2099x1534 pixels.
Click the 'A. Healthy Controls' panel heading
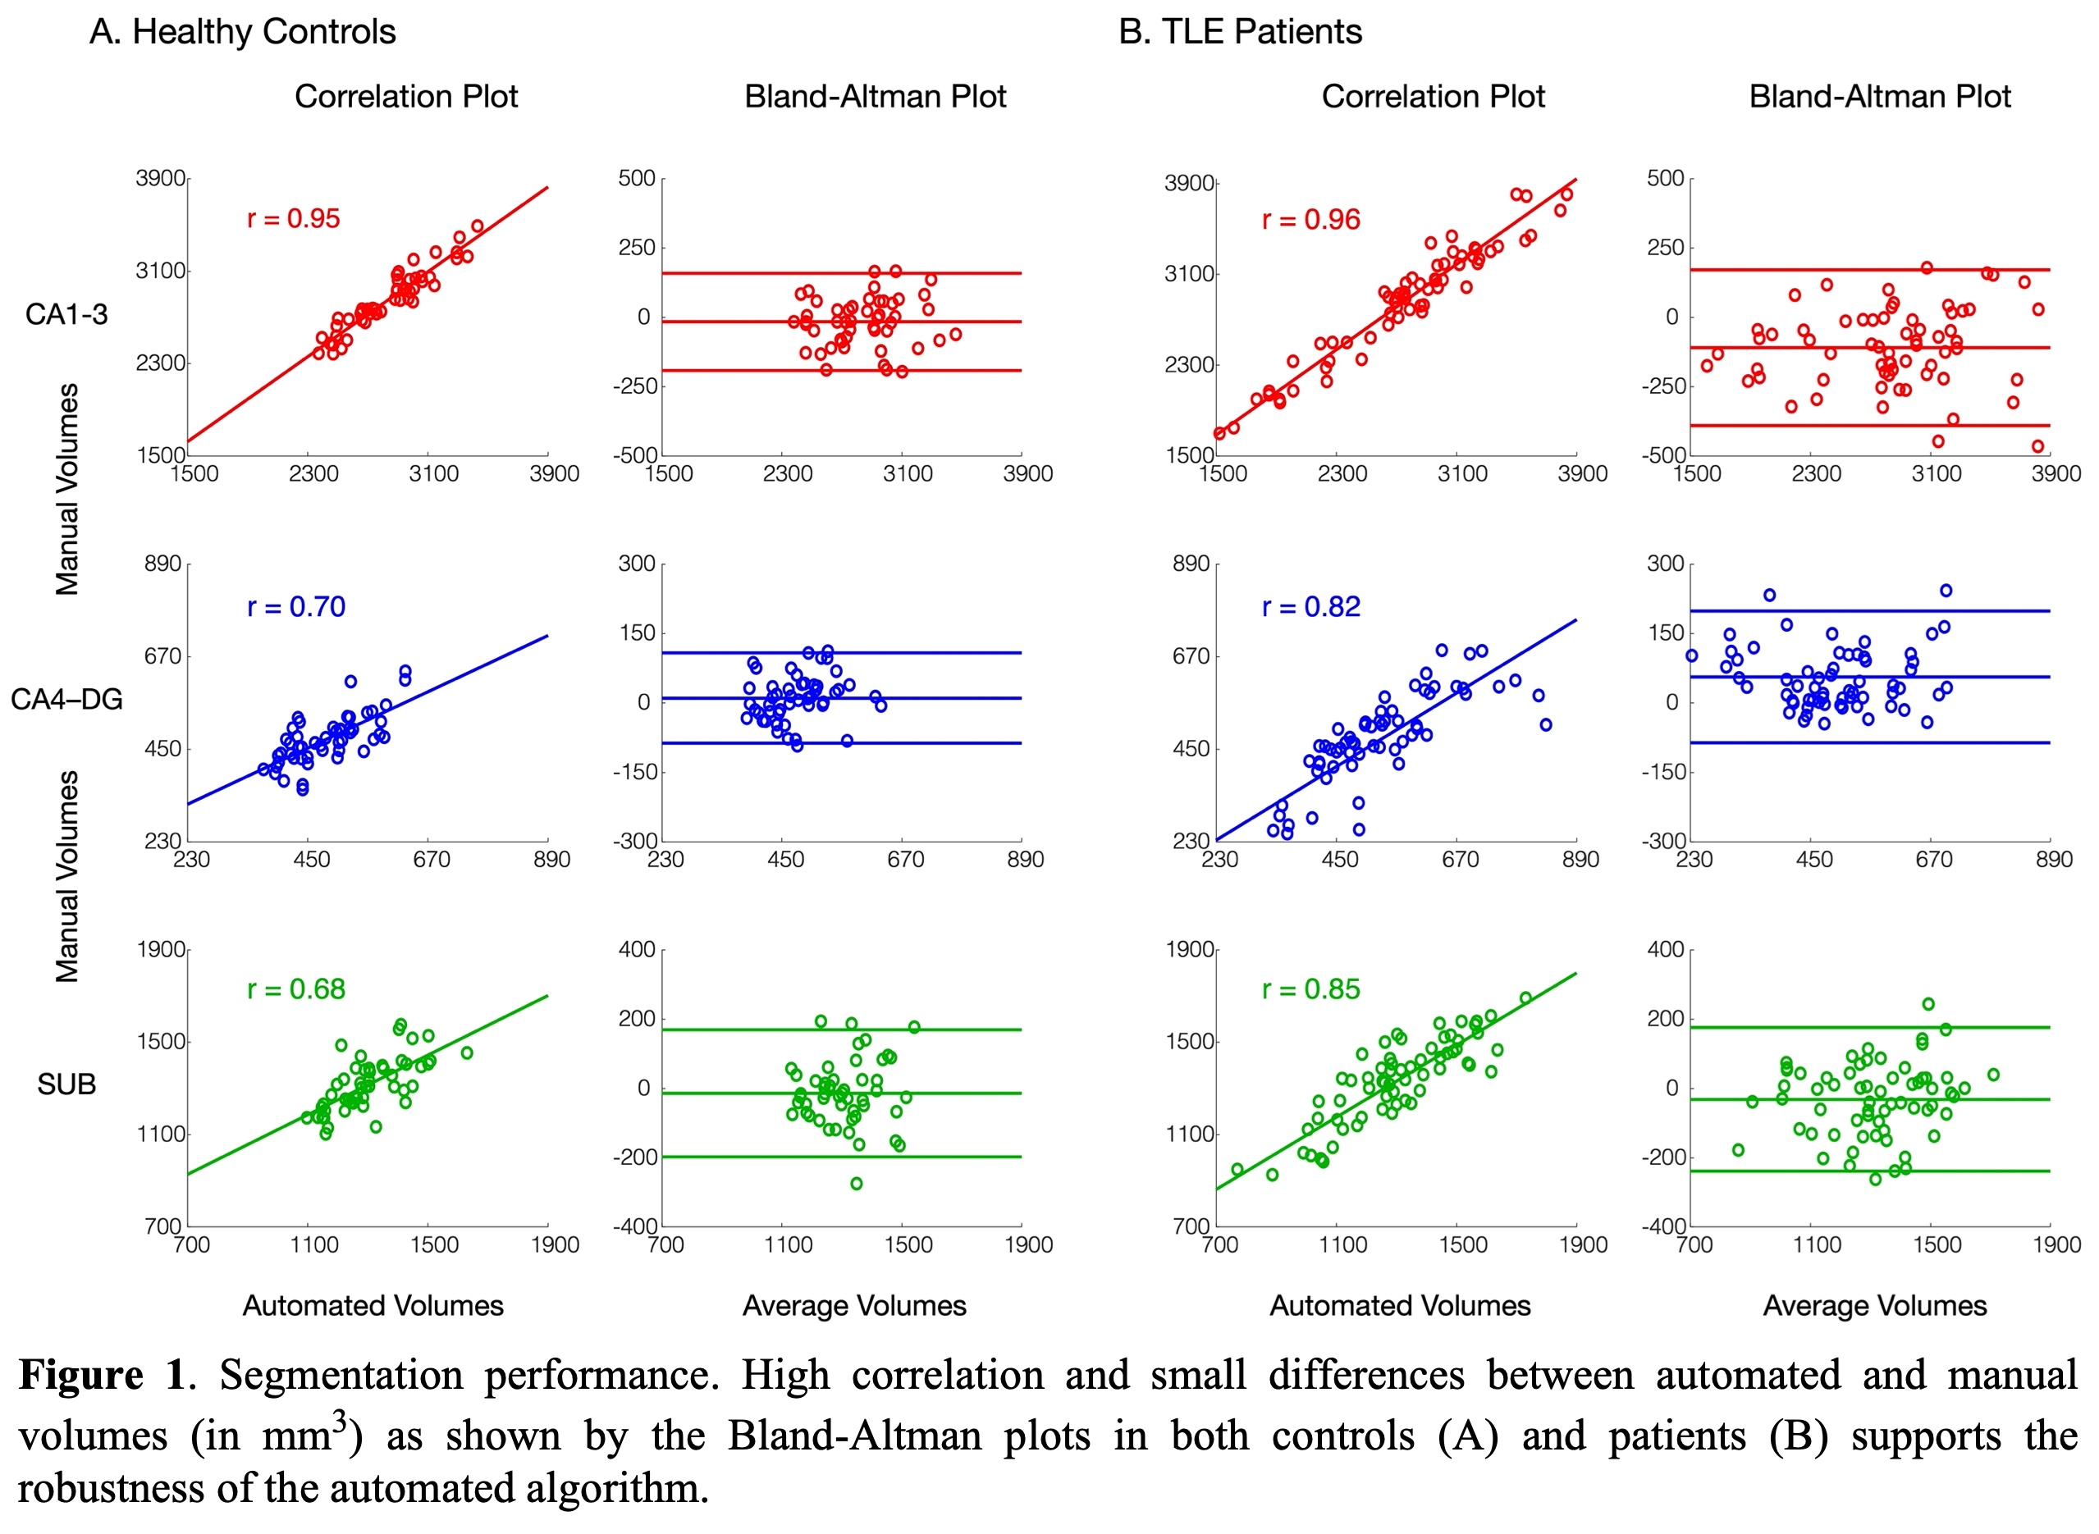coord(242,31)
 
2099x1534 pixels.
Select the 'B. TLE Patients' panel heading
coord(1240,31)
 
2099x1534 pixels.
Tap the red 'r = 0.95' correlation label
coord(294,218)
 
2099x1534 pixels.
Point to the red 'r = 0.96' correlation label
coord(1310,220)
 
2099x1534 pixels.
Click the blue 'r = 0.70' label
coord(296,606)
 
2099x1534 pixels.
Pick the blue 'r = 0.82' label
coord(1310,606)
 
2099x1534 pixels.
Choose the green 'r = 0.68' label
coord(296,989)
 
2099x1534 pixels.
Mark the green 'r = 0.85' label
coord(1310,989)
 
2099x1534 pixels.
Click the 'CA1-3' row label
coord(66,315)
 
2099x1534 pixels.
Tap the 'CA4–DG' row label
coord(66,699)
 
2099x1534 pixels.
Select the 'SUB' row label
coord(66,1084)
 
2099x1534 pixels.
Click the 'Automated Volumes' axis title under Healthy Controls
coord(373,1306)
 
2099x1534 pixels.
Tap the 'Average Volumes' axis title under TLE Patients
coord(1874,1306)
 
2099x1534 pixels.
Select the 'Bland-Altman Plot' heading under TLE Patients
coord(1880,97)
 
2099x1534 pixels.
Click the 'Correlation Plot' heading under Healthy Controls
coord(406,97)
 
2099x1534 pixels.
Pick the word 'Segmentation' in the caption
coord(341,1375)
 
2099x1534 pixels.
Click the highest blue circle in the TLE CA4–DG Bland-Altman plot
coord(1946,591)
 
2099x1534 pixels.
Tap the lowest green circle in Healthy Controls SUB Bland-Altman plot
coord(857,1183)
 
